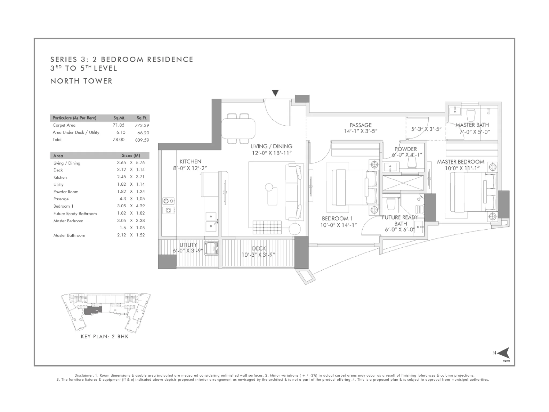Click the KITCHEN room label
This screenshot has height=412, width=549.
(x=190, y=161)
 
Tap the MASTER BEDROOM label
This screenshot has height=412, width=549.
(x=461, y=162)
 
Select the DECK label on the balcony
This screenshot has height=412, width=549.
(x=259, y=249)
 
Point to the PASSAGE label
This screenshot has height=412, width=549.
(x=361, y=125)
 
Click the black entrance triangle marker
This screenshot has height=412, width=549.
(x=275, y=93)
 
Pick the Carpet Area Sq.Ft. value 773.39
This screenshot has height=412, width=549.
(x=142, y=125)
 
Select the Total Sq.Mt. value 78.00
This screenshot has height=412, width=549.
(x=118, y=139)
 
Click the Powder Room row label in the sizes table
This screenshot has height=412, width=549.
(x=66, y=192)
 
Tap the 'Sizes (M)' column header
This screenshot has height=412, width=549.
(x=131, y=156)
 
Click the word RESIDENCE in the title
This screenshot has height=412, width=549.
(x=170, y=59)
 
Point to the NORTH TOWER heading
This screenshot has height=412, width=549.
(x=81, y=81)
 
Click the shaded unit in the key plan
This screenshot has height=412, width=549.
(x=93, y=311)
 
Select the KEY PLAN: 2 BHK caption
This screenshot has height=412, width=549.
(x=105, y=337)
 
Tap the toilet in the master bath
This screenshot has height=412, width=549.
(x=471, y=115)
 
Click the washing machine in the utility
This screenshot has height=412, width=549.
(x=212, y=248)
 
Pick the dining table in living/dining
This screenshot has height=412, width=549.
(x=238, y=129)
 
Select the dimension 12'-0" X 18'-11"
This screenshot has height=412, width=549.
(x=272, y=153)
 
